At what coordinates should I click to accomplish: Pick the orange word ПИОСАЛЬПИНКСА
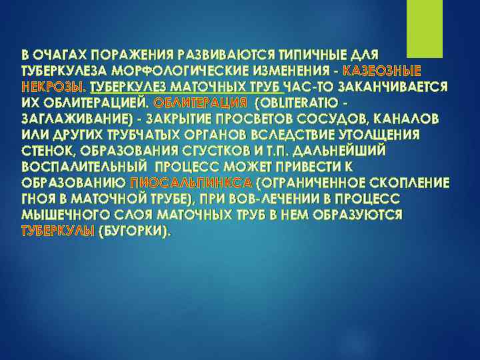pyautogui.click(x=191, y=183)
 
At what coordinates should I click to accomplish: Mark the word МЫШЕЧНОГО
pyautogui.click(x=65, y=215)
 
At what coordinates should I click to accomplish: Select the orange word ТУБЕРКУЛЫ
pyautogui.click(x=58, y=231)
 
